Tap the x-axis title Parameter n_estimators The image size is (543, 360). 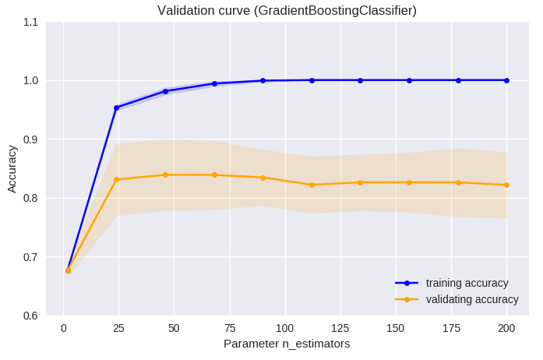coord(287,344)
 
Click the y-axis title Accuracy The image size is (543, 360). coord(12,168)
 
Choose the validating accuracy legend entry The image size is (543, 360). coord(472,299)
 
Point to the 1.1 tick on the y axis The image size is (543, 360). coord(30,22)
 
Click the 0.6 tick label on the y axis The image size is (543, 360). coord(30,316)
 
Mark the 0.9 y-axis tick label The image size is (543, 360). coord(30,139)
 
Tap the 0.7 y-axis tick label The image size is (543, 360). coord(30,257)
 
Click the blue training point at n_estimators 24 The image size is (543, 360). coord(117,108)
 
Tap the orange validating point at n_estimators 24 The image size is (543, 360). coord(117,180)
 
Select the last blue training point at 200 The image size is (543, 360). coord(506,80)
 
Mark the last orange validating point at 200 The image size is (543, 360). coord(506,185)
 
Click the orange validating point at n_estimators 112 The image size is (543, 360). coord(312,185)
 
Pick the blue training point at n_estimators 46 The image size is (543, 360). coord(165,91)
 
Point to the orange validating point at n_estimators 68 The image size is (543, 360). coord(214,175)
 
